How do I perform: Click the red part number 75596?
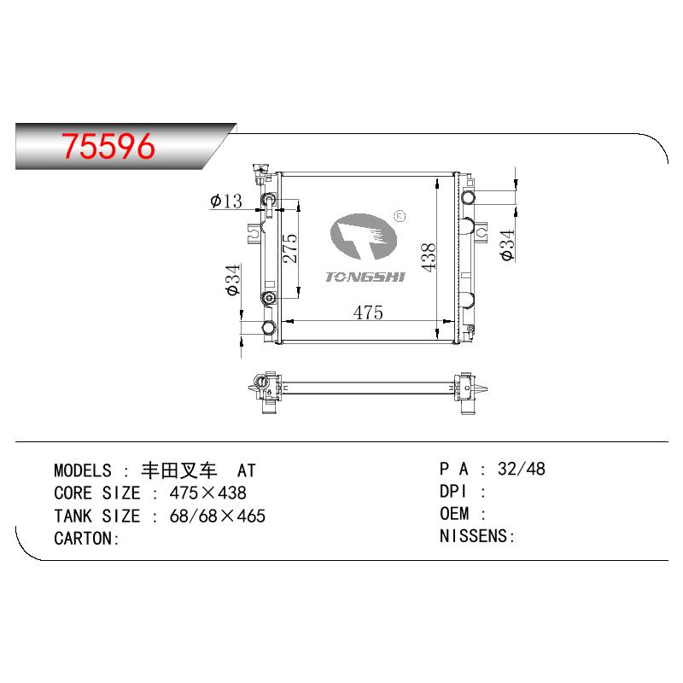point(108,146)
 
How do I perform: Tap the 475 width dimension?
point(368,312)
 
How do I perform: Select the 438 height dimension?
point(429,258)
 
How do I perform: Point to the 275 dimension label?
point(290,248)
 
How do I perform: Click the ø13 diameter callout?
point(225,201)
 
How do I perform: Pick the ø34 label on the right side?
point(507,246)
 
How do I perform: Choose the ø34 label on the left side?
point(233,280)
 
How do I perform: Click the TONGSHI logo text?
point(365,277)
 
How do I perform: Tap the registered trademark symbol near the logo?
point(400,216)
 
